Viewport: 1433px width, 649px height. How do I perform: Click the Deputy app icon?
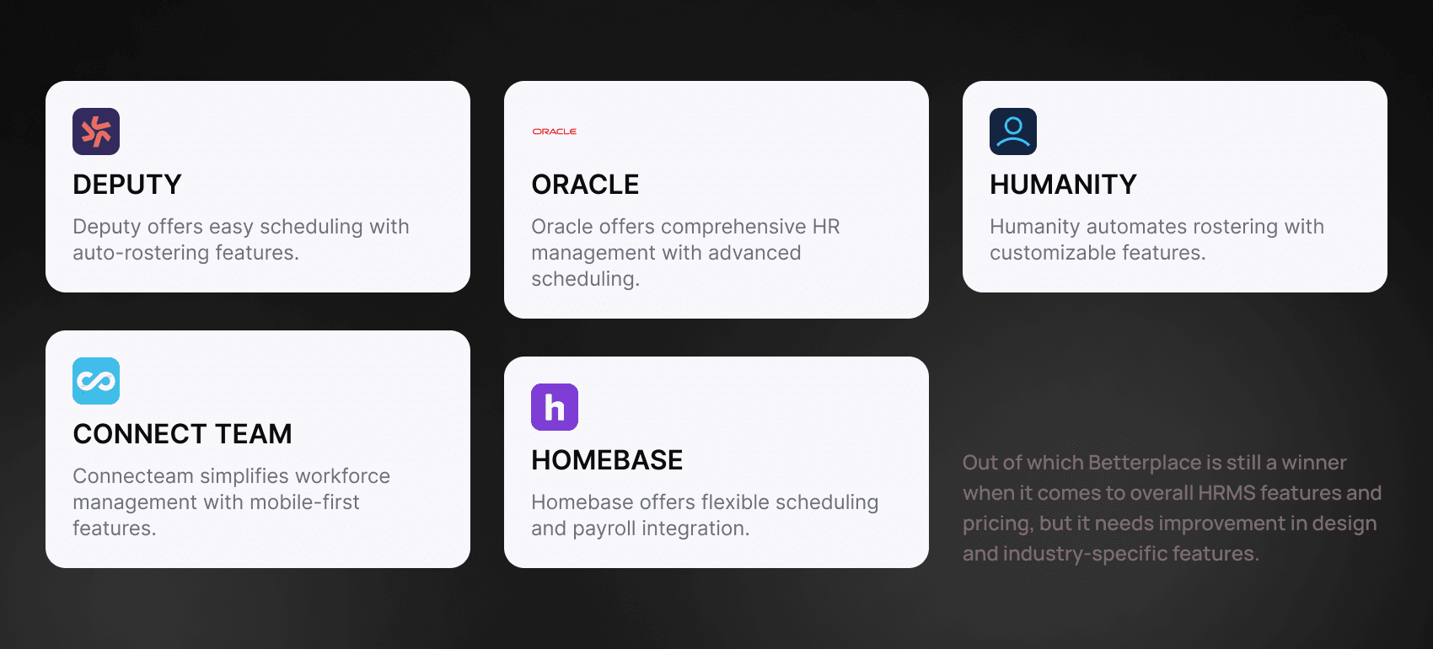[x=96, y=131]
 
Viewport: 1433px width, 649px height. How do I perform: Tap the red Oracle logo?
[x=555, y=131]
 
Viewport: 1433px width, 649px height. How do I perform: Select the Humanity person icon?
[x=1012, y=131]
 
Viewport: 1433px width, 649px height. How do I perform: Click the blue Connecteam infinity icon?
[x=96, y=381]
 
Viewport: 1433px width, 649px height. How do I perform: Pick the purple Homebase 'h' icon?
[x=555, y=407]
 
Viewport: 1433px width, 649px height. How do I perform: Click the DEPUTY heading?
[x=127, y=185]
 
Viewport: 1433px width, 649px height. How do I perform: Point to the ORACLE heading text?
[x=585, y=185]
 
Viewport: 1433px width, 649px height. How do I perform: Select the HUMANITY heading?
[x=1063, y=185]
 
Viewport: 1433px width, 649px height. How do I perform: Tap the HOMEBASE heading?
[x=607, y=460]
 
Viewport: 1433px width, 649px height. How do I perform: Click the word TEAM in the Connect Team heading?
[x=254, y=434]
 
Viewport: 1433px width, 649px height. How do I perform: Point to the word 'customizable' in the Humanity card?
[x=1054, y=253]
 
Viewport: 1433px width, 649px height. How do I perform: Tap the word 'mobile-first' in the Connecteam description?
[x=304, y=502]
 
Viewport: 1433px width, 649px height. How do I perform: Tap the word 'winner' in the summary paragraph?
[x=1314, y=462]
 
